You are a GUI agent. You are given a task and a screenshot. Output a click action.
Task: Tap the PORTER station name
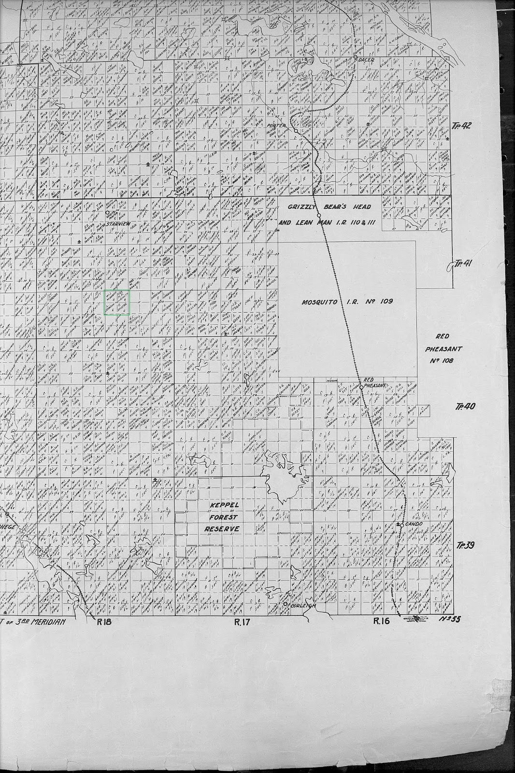(277, 125)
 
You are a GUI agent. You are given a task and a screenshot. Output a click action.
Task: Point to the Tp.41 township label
(462, 263)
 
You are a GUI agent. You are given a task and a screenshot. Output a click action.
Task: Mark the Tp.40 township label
(465, 406)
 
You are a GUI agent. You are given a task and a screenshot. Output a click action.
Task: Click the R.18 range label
(104, 622)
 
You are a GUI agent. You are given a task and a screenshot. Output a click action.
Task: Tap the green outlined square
(117, 302)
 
